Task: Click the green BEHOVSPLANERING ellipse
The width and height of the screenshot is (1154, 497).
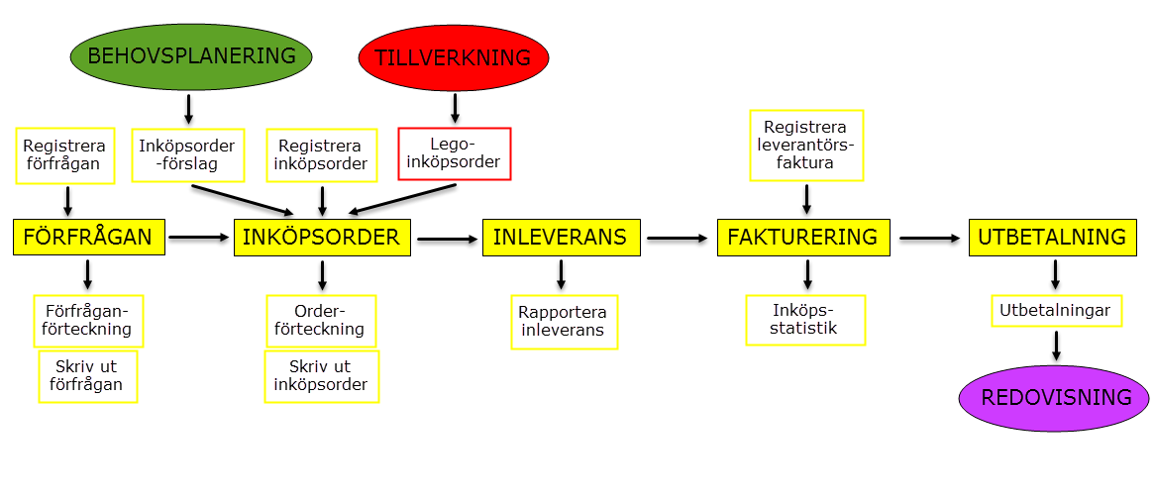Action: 191,56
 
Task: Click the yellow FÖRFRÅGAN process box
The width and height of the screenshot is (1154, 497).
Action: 88,238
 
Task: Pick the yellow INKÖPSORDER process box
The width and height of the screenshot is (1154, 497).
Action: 322,238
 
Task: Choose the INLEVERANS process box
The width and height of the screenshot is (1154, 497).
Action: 561,238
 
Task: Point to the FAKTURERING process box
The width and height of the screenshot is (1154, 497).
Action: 802,238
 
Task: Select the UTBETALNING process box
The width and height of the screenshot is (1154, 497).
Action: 1052,238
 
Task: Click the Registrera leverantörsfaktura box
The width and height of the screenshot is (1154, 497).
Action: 806,146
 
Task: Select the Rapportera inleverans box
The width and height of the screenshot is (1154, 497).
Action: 565,322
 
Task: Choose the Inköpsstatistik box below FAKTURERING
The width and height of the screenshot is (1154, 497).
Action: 805,320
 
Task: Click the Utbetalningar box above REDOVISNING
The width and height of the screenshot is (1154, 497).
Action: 1057,311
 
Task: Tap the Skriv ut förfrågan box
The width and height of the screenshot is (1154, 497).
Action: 88,376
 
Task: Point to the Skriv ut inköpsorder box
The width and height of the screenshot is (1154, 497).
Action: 322,376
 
